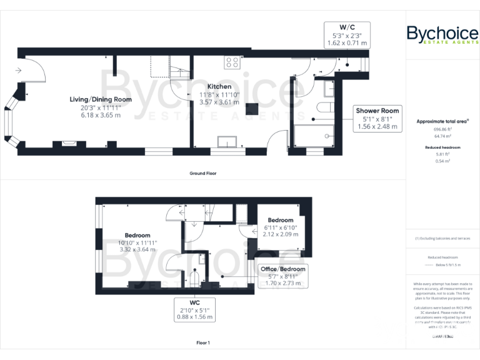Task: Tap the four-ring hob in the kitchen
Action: pos(232,62)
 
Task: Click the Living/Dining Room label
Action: pos(101,99)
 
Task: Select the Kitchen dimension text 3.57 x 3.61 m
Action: pos(219,102)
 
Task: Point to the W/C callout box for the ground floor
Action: pos(347,35)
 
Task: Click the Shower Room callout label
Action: pos(377,111)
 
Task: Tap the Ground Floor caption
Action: pos(203,173)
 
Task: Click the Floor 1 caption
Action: pos(203,343)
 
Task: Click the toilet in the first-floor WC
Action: pos(194,277)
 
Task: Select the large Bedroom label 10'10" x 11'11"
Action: pos(137,241)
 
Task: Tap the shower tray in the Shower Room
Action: pos(314,136)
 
